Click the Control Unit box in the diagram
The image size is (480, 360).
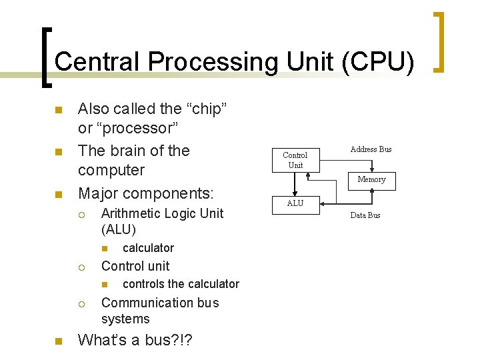[295, 160]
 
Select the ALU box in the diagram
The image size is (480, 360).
[295, 203]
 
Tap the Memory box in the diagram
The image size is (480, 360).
[371, 179]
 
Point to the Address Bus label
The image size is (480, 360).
[371, 149]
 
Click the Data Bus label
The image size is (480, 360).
[365, 215]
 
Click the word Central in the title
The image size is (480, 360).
[98, 61]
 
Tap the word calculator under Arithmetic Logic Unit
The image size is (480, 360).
[148, 248]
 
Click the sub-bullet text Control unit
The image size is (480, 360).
[135, 266]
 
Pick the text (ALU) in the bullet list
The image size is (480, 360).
[119, 230]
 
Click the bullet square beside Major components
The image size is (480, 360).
[58, 195]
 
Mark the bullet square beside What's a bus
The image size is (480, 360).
[58, 341]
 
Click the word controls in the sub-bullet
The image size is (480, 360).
[144, 284]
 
